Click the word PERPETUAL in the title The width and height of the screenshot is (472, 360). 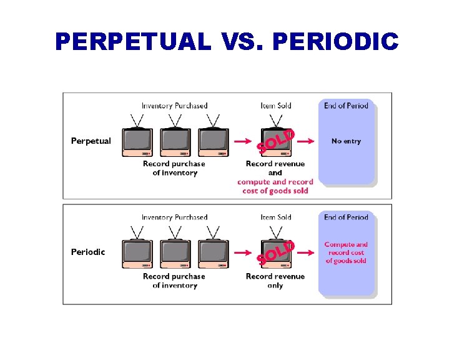[133, 42]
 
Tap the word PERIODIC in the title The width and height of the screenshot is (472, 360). [336, 42]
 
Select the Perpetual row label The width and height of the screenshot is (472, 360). [91, 141]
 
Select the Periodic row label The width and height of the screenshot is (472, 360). [88, 252]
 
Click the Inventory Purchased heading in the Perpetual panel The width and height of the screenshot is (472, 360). [174, 106]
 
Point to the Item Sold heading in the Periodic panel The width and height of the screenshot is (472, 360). [276, 217]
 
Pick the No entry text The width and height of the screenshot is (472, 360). [346, 141]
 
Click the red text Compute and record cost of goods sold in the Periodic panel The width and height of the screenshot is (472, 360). [346, 252]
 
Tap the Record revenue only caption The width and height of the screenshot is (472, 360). [275, 281]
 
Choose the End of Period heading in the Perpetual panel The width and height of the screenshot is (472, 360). [346, 106]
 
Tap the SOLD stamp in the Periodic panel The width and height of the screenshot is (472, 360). [275, 251]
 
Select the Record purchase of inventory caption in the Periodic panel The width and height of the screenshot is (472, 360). [174, 281]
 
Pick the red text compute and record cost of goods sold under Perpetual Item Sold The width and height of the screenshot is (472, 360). [275, 186]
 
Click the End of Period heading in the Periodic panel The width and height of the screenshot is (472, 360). [346, 217]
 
